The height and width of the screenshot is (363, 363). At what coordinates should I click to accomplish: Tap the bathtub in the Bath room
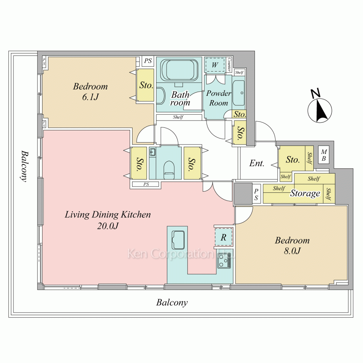(179, 70)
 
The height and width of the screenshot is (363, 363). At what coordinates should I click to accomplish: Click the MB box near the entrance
(324, 155)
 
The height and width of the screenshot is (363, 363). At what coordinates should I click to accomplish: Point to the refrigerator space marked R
(223, 237)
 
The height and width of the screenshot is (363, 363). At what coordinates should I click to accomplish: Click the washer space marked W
(215, 65)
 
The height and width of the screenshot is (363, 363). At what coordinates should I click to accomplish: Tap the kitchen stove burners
(224, 261)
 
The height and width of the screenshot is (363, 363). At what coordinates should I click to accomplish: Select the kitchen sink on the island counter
(178, 240)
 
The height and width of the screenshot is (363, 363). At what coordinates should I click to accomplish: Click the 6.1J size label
(90, 97)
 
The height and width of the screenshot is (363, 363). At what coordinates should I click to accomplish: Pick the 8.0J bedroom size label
(292, 251)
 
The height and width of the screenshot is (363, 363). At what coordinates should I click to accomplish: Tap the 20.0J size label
(108, 226)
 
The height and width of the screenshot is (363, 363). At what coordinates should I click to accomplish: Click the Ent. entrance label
(257, 163)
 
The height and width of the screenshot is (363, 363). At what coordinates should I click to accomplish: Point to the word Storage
(305, 193)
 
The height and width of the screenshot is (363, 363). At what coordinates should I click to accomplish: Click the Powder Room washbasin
(238, 93)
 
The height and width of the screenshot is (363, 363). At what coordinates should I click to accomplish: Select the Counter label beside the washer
(229, 65)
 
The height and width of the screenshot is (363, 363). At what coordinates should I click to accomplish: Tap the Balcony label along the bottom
(172, 303)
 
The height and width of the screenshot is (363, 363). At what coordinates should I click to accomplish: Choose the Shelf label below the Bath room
(178, 117)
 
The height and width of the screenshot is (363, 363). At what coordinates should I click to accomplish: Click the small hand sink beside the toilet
(152, 152)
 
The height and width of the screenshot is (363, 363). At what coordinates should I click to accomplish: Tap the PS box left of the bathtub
(148, 61)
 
